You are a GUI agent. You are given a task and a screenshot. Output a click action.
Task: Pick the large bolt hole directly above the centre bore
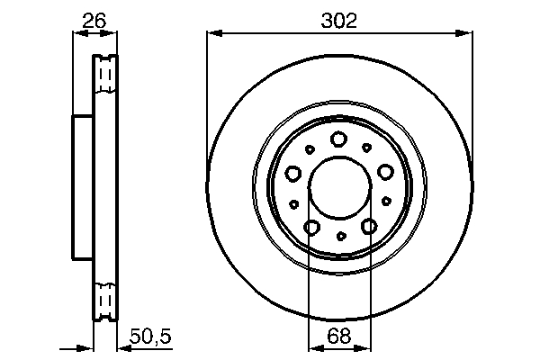coord(339,139)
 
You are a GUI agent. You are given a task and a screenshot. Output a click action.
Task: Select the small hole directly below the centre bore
coord(340,237)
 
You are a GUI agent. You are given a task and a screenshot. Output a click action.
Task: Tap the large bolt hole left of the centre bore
coord(293,173)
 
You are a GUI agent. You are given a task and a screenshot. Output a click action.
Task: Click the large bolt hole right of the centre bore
coord(386,173)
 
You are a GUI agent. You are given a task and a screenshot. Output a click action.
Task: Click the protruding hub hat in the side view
coord(83,188)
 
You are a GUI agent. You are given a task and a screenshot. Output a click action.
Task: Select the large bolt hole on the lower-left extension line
coord(311,228)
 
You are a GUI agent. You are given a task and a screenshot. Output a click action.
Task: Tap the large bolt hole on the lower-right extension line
coord(368,228)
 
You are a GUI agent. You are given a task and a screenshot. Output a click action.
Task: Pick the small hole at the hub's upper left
coord(310,149)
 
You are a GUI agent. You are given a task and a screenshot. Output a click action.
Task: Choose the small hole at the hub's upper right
coord(366,147)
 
